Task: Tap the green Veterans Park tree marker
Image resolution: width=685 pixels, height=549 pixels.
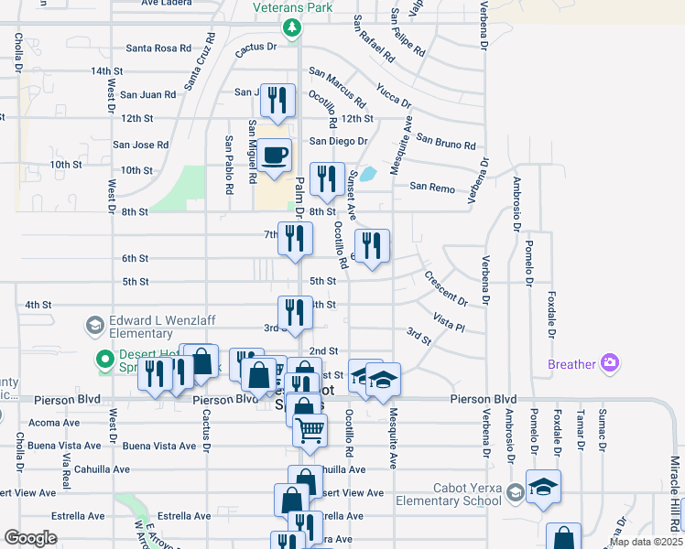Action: point(292,28)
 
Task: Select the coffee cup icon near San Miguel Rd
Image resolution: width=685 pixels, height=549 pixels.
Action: point(274,156)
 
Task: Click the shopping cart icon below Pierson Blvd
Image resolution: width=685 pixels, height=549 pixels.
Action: point(310,427)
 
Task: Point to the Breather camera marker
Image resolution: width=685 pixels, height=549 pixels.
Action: point(609,364)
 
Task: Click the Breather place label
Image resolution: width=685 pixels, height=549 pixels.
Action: point(571,364)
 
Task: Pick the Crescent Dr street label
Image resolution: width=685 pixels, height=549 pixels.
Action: point(446,287)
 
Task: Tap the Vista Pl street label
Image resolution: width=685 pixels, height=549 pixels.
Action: point(450,322)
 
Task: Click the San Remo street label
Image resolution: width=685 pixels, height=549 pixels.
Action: point(431,187)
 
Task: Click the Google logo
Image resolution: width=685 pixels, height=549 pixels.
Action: point(31,538)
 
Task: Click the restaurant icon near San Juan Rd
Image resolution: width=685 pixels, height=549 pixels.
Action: point(277,100)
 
